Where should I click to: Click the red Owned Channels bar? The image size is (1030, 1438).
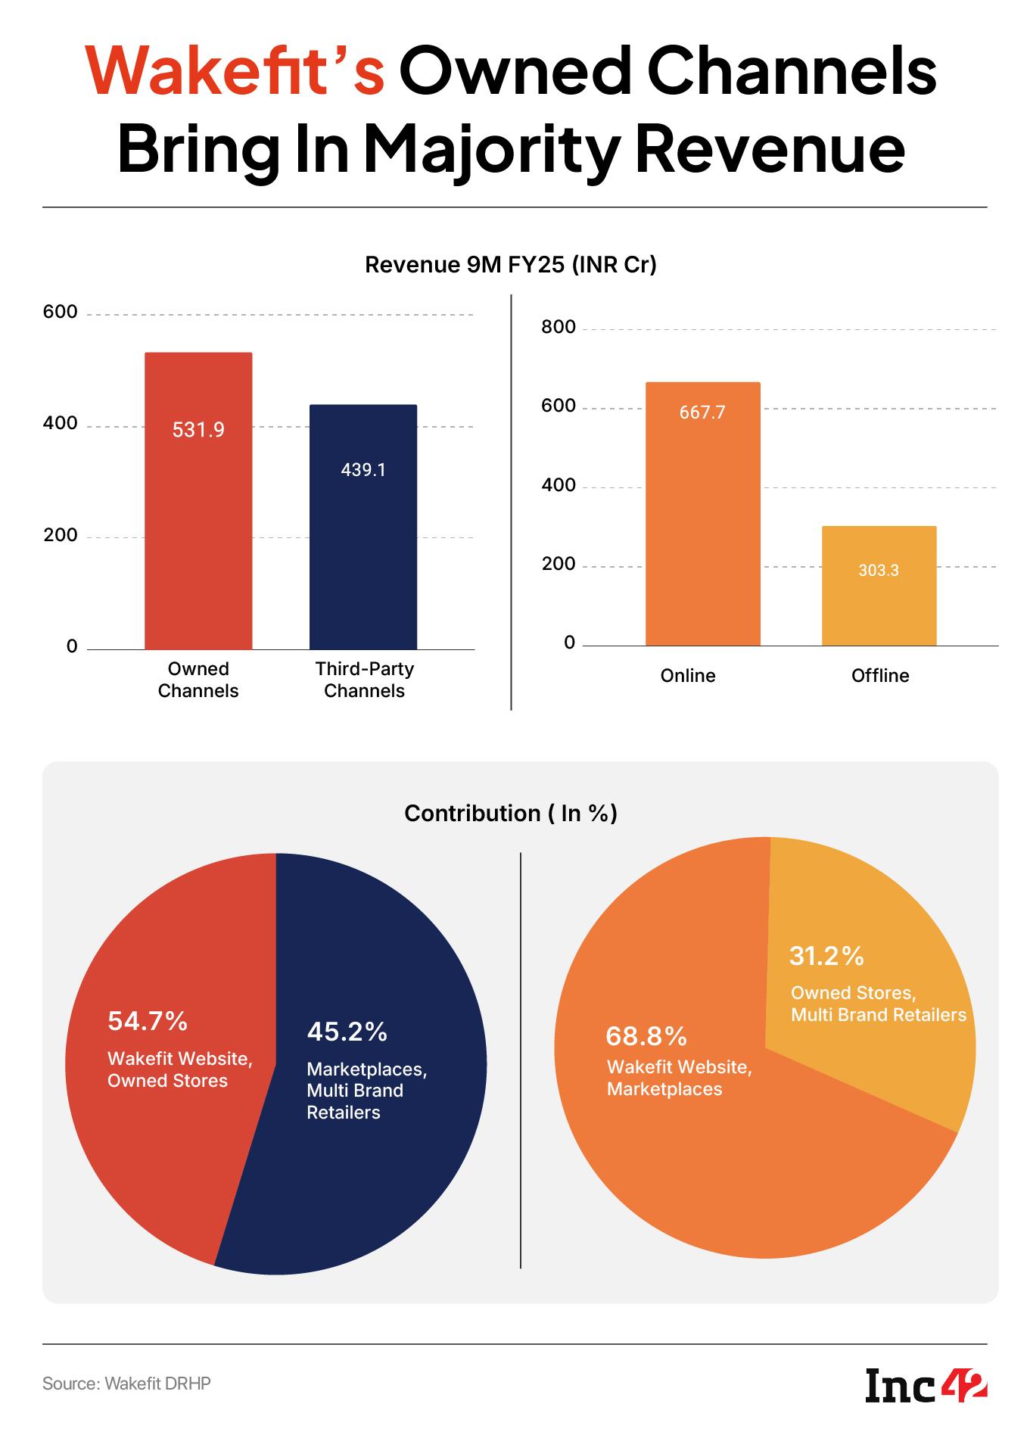point(198,530)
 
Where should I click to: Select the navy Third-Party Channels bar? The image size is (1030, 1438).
point(363,552)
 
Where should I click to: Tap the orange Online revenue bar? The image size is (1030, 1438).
point(702,530)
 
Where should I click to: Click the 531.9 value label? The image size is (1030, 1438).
point(198,430)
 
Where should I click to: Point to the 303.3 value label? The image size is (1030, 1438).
point(879,571)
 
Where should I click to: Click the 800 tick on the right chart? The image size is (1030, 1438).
point(559,328)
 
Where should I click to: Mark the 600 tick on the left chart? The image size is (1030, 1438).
point(61,312)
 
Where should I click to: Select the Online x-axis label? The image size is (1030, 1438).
point(687,676)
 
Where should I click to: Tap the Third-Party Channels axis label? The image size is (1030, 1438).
point(364,680)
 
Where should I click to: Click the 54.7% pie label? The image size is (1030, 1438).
point(148,1022)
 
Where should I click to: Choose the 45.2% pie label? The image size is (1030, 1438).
point(347,1032)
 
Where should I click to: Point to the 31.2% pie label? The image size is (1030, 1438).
point(826,957)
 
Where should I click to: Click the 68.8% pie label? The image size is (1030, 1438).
point(646,1035)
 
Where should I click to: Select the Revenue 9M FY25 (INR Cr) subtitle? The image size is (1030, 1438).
point(510,265)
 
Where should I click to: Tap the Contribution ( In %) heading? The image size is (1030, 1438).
point(511,813)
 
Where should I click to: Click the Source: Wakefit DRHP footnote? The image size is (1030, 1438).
point(126,1384)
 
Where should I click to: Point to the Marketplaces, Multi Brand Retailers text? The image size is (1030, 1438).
point(366,1091)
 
